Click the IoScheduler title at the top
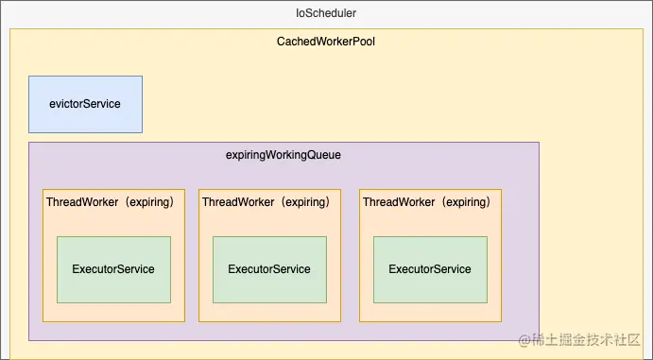pyautogui.click(x=326, y=13)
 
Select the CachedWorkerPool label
pyautogui.click(x=326, y=42)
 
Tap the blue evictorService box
pyautogui.click(x=85, y=104)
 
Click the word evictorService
pyautogui.click(x=85, y=104)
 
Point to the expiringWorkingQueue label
pyautogui.click(x=284, y=155)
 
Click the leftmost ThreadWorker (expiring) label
pyautogui.click(x=110, y=202)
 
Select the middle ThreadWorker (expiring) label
pyautogui.click(x=266, y=202)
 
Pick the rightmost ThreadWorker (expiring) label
pyautogui.click(x=427, y=202)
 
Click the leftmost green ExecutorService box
pyautogui.click(x=113, y=269)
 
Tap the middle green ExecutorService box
pyautogui.click(x=269, y=269)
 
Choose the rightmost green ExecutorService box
pyautogui.click(x=430, y=269)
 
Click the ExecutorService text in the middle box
pyautogui.click(x=269, y=269)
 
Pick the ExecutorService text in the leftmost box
pyautogui.click(x=113, y=269)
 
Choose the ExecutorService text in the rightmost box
pyautogui.click(x=430, y=269)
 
